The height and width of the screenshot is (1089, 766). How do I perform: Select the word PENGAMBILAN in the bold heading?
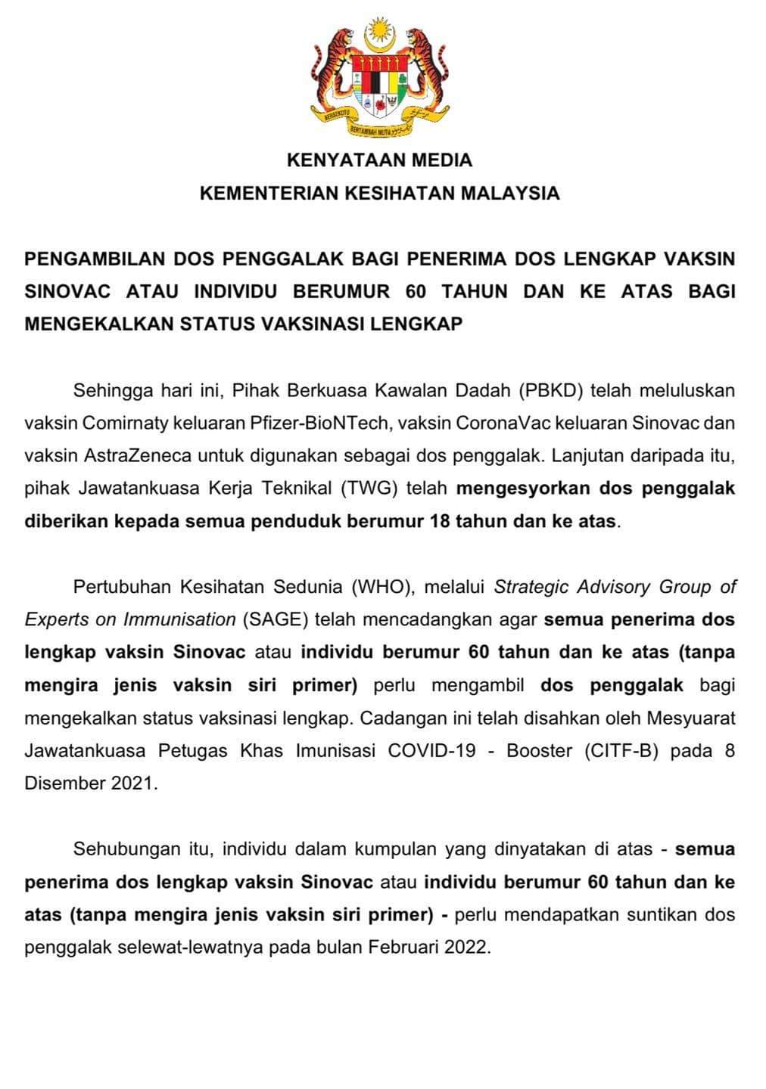[x=95, y=259]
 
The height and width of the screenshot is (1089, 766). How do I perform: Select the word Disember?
[x=64, y=783]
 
